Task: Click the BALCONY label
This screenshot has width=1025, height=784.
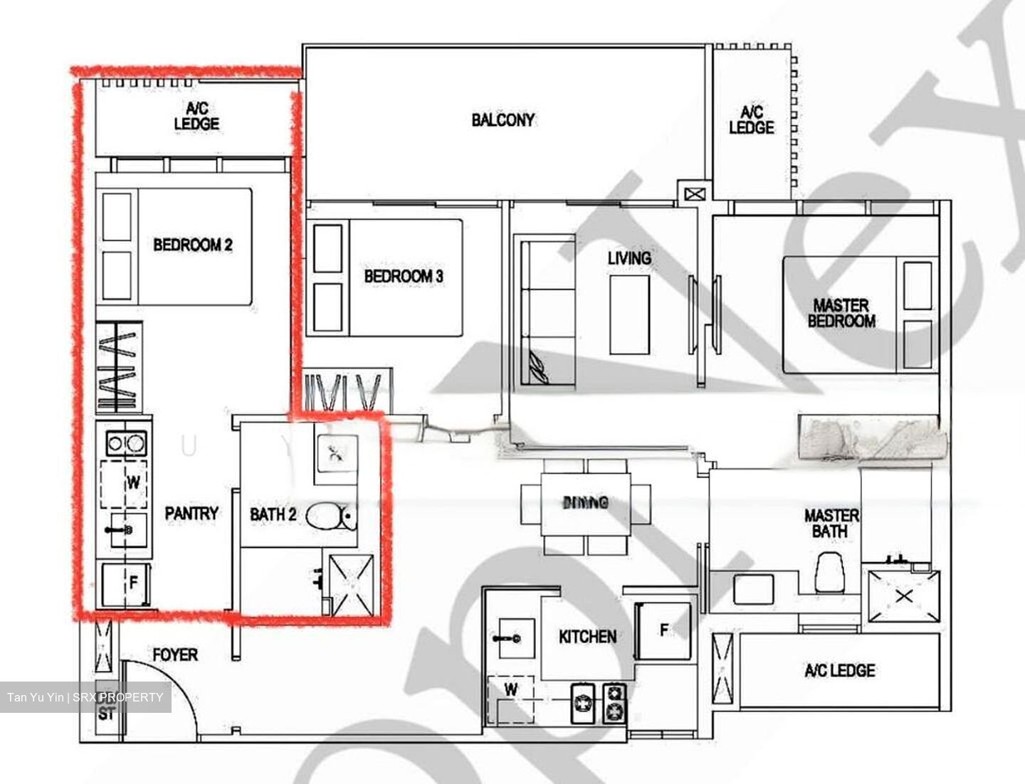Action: (503, 120)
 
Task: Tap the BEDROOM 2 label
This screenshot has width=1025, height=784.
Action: (193, 245)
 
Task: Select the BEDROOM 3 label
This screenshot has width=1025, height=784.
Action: (404, 276)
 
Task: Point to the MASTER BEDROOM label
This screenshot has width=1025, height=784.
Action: (841, 313)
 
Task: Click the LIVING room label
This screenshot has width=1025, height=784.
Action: (629, 258)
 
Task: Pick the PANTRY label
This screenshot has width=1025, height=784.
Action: (191, 513)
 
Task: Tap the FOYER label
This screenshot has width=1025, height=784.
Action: (175, 655)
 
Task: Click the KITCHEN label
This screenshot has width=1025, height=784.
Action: (587, 636)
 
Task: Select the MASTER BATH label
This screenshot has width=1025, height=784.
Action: (831, 523)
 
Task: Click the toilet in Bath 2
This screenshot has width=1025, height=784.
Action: (331, 517)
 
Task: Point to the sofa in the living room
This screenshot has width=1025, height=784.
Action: (548, 313)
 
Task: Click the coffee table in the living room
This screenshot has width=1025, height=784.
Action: (629, 314)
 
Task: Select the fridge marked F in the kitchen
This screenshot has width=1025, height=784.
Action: (664, 630)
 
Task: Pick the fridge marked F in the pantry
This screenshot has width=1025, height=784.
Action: (125, 584)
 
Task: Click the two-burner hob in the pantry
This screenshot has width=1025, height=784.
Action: (126, 444)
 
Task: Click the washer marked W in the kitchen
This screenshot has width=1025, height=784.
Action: (510, 689)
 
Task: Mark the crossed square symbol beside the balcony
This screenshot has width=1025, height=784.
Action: (693, 193)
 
